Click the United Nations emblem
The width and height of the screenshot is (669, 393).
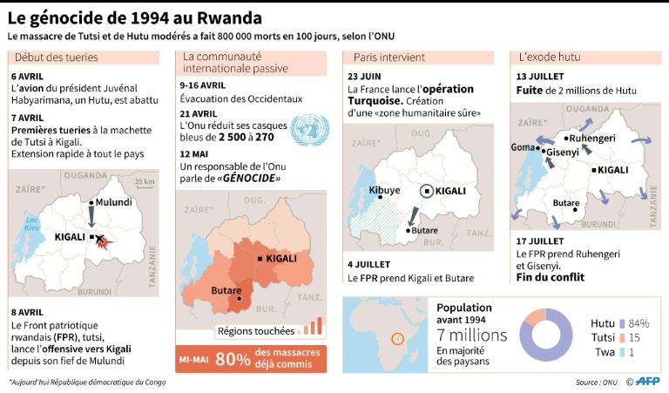[310, 128]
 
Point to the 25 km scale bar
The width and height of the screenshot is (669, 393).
[141, 182]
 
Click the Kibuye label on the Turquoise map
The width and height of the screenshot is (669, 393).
[384, 190]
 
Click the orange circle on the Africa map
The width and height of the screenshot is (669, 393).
[398, 338]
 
